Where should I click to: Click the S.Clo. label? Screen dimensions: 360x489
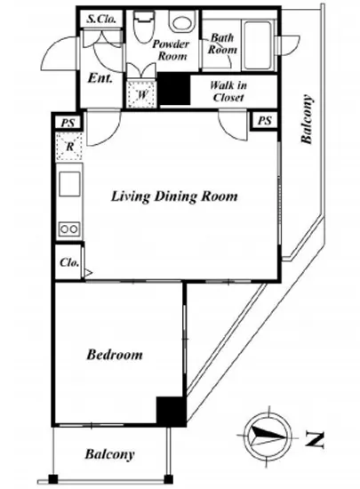tap(101, 19)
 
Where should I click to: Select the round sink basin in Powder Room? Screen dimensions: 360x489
tap(182, 21)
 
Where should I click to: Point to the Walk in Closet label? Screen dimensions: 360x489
tap(228, 91)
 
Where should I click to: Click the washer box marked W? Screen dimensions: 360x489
tap(141, 94)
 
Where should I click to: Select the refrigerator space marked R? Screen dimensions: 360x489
tap(69, 147)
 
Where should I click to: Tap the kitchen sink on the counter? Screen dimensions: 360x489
tap(69, 183)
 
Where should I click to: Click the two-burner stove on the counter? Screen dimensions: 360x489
tap(69, 229)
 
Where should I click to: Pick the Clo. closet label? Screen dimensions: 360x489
tap(69, 262)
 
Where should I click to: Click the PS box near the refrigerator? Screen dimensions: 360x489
tap(68, 122)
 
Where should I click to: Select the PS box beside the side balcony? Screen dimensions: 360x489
tap(265, 121)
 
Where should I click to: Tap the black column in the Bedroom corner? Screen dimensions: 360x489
tap(171, 411)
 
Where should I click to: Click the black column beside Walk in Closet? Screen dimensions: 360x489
tap(174, 89)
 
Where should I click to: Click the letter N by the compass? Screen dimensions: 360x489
tap(315, 439)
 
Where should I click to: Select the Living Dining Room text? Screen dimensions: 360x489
tap(174, 196)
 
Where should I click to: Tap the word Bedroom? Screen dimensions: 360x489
tap(115, 355)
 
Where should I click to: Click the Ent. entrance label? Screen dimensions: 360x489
tap(100, 77)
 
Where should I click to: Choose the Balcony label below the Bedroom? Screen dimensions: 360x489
tap(109, 454)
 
